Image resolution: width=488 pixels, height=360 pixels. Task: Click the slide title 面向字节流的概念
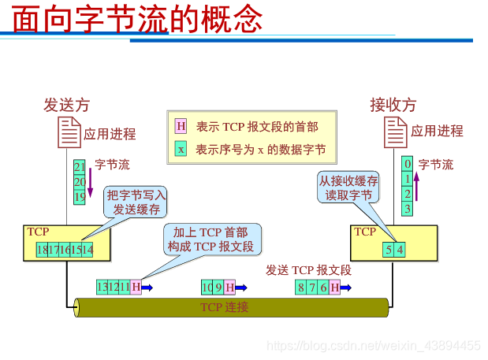[x=137, y=19]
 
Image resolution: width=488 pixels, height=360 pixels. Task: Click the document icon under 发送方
[x=69, y=132]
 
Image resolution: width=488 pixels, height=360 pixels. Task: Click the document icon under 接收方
[x=396, y=132]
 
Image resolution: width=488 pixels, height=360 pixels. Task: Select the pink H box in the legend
[x=181, y=126]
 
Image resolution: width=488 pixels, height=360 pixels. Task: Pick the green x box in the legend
[x=181, y=149]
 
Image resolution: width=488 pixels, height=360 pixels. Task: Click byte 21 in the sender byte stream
[x=80, y=167]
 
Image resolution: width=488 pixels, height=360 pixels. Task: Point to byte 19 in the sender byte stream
[x=80, y=197]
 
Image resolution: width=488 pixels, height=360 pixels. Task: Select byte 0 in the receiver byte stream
[x=407, y=164]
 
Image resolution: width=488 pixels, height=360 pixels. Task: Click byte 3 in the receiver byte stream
[x=407, y=209]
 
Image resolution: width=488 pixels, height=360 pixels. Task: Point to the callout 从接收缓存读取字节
[x=348, y=187]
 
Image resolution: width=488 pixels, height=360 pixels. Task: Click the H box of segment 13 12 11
[x=136, y=288]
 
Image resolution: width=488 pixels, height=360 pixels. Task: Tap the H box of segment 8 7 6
[x=335, y=288]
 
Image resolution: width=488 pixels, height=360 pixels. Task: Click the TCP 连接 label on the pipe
[x=224, y=307]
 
